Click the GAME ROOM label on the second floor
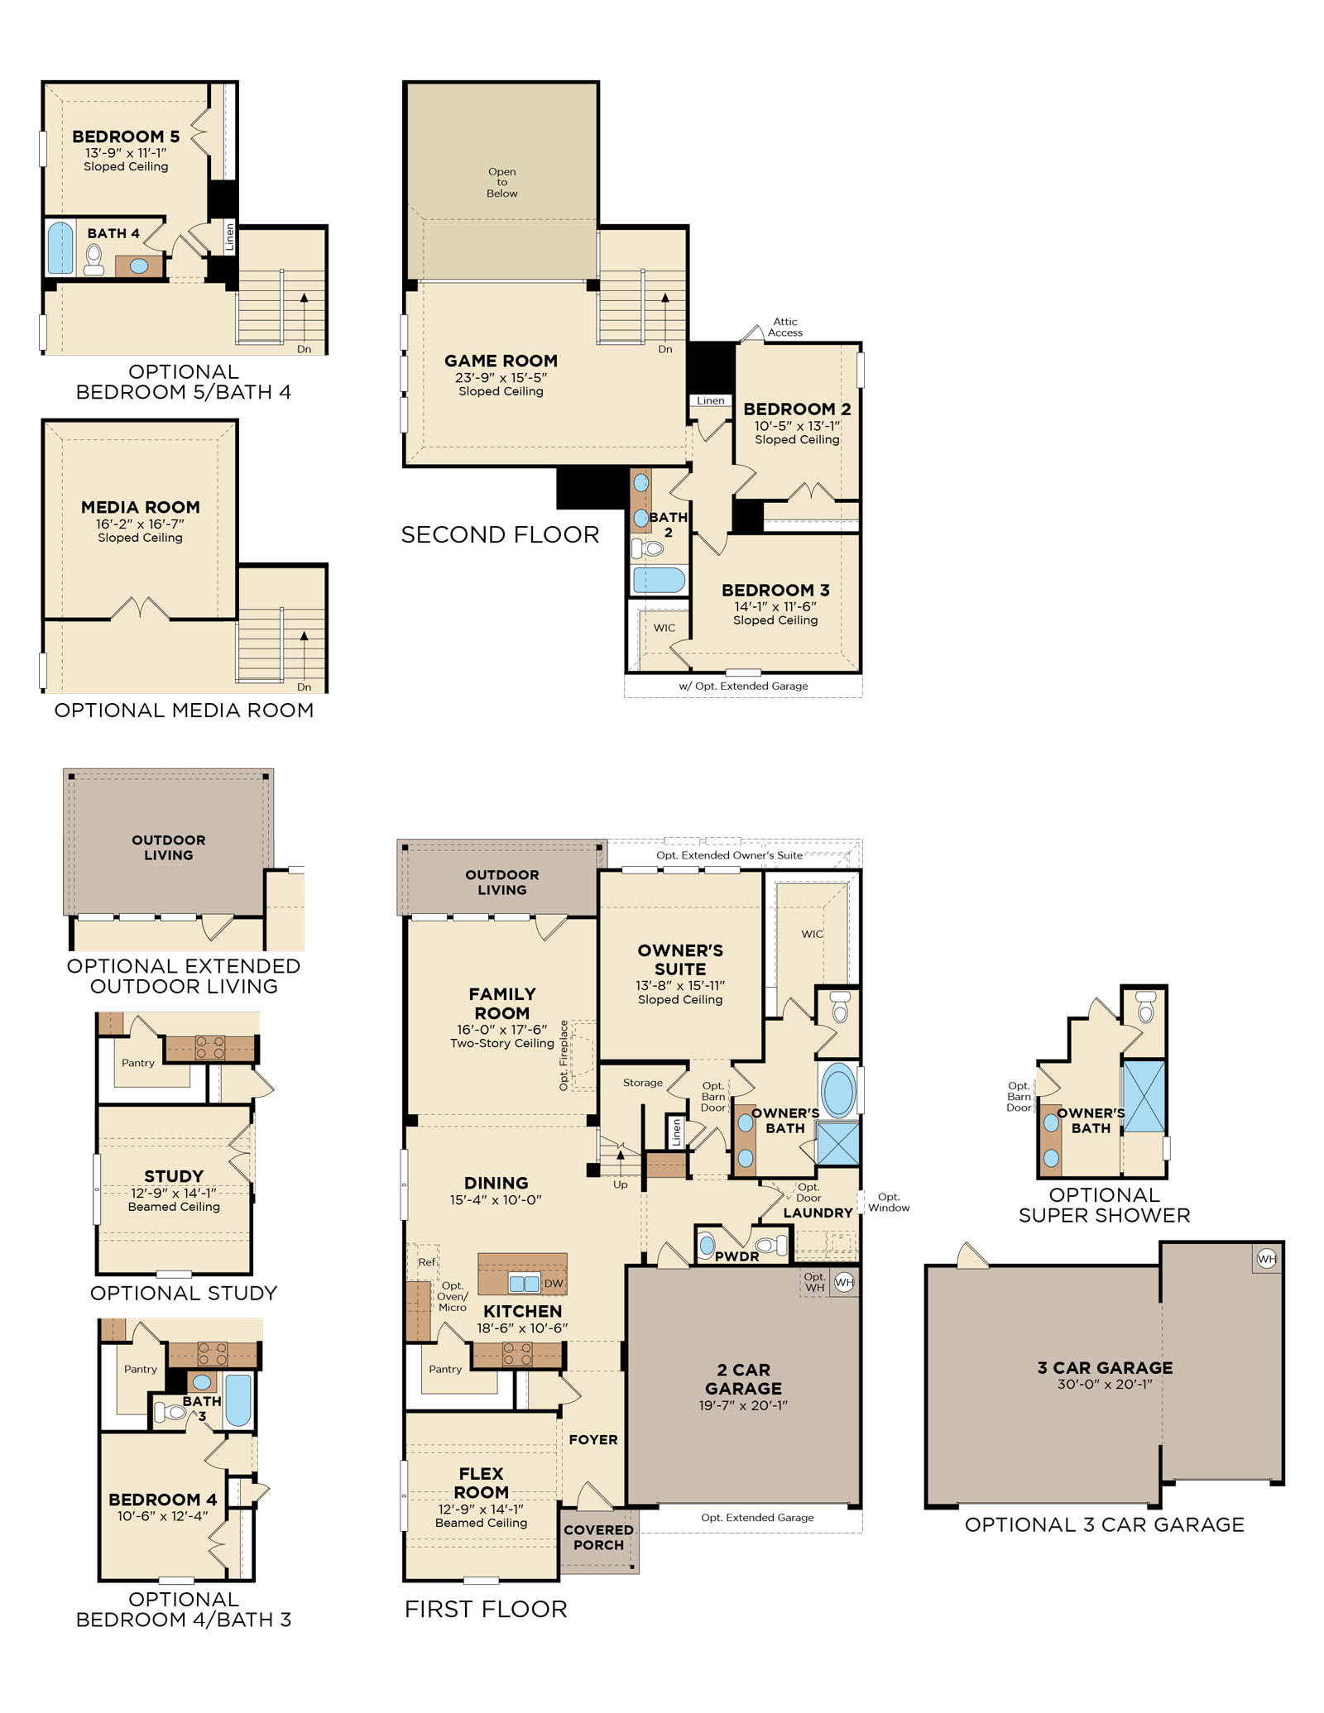click(501, 361)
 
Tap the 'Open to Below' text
click(502, 183)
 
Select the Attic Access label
click(785, 328)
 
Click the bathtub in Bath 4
click(60, 246)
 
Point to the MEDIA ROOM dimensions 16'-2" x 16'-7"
click(140, 524)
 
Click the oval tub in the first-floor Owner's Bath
click(837, 1090)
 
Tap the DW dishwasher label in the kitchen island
click(554, 1283)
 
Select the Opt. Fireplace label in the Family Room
click(564, 1055)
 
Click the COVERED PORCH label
click(598, 1537)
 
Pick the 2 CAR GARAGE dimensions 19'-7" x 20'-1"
click(743, 1404)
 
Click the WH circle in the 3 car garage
click(1266, 1259)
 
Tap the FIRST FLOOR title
click(486, 1609)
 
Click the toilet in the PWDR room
click(771, 1244)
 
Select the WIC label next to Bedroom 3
click(664, 628)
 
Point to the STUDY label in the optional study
click(174, 1176)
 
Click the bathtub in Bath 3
click(238, 1400)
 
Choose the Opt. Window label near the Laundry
click(889, 1202)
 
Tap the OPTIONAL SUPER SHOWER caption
click(1104, 1205)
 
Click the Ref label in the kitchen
click(426, 1262)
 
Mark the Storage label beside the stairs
click(643, 1083)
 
